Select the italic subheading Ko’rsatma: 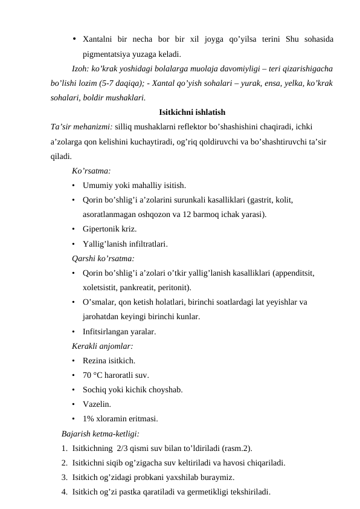[91, 171]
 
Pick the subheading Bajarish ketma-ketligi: [100, 433]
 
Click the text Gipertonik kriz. [109, 229]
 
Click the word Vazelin [97, 404]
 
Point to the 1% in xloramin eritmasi [89, 418]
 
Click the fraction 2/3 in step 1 [123, 448]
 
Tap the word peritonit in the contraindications [173, 287]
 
